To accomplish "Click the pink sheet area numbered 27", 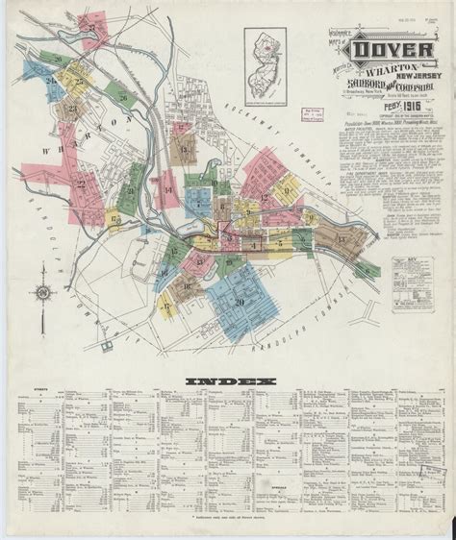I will (96, 43).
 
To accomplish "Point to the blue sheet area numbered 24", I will (48, 82).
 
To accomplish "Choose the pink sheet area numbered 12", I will (263, 197).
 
